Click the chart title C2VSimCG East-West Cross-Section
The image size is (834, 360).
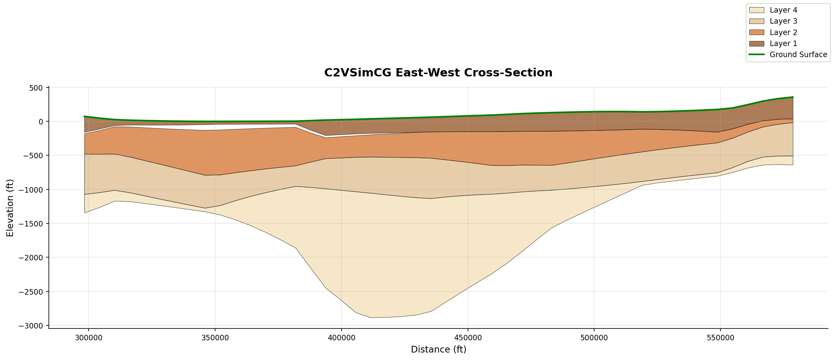(438, 73)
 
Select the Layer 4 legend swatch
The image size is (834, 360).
(756, 10)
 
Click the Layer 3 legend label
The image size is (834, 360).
(783, 21)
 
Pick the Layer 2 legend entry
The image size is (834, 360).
(783, 32)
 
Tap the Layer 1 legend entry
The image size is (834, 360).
(783, 43)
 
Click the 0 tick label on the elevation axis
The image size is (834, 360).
(40, 121)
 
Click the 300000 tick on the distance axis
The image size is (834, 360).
(89, 338)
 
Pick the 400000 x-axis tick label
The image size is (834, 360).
(341, 338)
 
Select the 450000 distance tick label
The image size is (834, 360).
(468, 338)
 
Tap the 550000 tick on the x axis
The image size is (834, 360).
(721, 338)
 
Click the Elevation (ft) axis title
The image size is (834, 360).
(10, 208)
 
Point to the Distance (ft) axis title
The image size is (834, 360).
(438, 349)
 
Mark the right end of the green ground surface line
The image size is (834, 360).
(793, 97)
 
